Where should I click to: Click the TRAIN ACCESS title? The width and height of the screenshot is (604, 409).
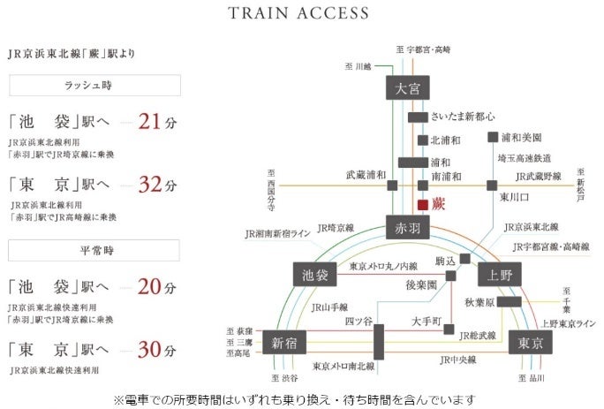coord(298,13)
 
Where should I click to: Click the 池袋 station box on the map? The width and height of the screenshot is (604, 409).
coord(313,276)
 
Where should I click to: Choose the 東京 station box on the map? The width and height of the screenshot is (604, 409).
coord(531,343)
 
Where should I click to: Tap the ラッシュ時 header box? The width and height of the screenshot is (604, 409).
coord(94,85)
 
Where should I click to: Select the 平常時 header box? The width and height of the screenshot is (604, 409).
coord(94,250)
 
